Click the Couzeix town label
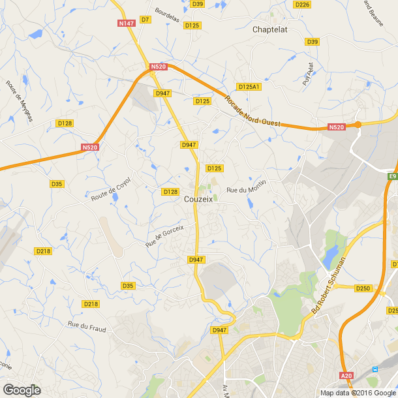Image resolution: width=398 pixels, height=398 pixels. [198, 199]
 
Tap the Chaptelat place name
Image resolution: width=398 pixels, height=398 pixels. [270, 29]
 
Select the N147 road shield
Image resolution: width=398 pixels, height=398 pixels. [126, 23]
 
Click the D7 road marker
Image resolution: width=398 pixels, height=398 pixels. [145, 20]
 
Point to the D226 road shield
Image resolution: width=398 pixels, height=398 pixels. [301, 5]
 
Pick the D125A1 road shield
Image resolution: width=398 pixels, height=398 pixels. [249, 87]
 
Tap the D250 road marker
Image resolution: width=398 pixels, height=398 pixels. [363, 288]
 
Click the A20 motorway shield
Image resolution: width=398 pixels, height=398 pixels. [346, 375]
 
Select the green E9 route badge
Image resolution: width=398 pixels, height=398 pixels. [393, 177]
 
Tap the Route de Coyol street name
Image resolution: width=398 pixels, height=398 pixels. [111, 189]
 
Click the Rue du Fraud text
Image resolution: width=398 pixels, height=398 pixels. [86, 324]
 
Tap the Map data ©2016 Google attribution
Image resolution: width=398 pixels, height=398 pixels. [358, 393]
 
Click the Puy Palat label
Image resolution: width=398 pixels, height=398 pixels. [308, 74]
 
